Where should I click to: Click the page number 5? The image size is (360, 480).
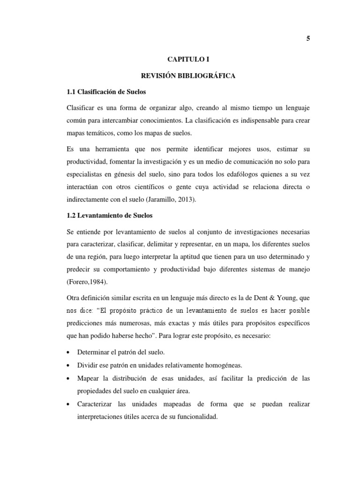[308, 39]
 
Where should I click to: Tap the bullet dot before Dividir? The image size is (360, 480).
[70, 365]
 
